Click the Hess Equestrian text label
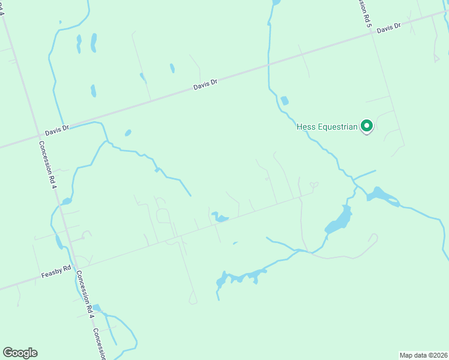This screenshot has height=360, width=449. [327, 127]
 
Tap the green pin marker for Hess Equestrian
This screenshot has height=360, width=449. [367, 126]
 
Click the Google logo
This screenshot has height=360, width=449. [20, 352]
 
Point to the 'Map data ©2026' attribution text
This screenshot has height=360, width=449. [423, 355]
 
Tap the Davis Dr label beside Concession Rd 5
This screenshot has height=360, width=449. [388, 28]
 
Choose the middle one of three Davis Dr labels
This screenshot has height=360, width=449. [205, 86]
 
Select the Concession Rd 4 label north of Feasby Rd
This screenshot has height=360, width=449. [49, 165]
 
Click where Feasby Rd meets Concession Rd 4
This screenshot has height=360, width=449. [73, 265]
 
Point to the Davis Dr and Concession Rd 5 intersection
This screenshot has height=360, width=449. [371, 33]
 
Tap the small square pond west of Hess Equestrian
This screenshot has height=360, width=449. [285, 101]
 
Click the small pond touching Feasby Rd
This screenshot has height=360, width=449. [219, 217]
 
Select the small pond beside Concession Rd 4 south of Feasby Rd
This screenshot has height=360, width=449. [97, 308]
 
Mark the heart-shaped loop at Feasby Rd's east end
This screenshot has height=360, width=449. [313, 185]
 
